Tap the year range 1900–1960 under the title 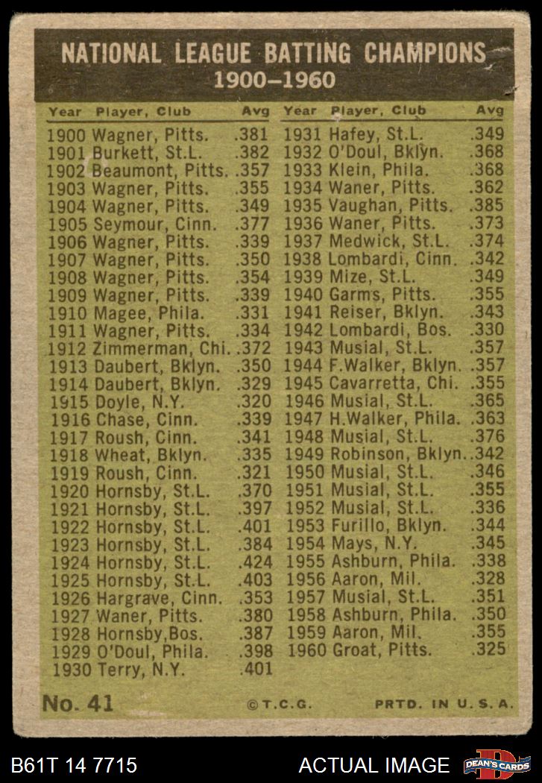point(274,80)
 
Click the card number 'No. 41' point(78,703)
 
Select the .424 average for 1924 point(252,562)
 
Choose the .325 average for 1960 point(488,650)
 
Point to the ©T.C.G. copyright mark point(279,704)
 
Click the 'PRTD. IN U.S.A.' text point(444,704)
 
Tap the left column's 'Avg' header point(256,112)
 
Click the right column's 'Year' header point(300,112)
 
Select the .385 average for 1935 point(488,205)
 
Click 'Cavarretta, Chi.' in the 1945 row point(392,383)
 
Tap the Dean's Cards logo point(497,764)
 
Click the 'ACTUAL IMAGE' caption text point(374,765)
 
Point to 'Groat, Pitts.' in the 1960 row point(379,650)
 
